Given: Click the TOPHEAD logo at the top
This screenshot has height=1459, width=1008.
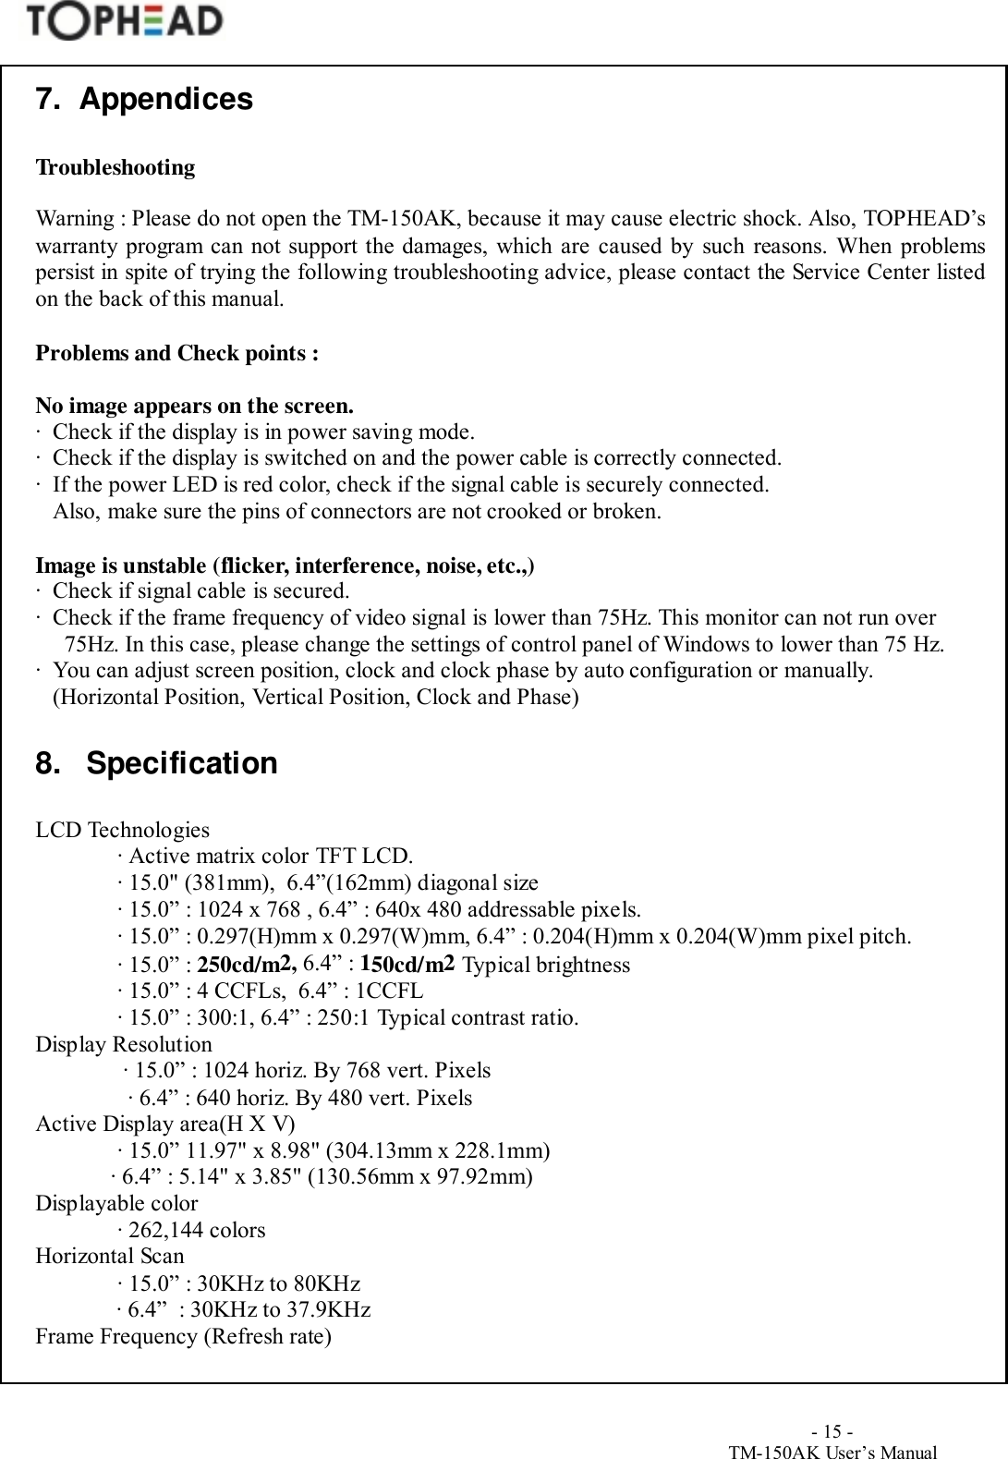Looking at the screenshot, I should (125, 22).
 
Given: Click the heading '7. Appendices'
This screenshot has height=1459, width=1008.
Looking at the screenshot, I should (143, 99).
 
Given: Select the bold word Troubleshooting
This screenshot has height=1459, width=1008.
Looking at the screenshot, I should (115, 168).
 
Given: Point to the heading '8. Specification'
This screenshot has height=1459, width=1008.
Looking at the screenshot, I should (156, 764).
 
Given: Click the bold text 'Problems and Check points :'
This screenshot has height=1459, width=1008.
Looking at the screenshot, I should (177, 354).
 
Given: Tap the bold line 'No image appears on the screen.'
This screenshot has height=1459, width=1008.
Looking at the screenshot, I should (194, 407).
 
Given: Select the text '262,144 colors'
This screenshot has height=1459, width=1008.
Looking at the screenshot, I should (197, 1231).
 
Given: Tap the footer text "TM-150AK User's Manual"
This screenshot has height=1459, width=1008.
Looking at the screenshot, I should (832, 1453).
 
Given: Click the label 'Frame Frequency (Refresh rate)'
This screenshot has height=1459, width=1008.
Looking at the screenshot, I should (183, 1337).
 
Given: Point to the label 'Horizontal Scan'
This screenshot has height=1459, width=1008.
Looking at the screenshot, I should (109, 1257).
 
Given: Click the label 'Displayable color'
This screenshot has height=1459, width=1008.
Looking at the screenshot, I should (116, 1204).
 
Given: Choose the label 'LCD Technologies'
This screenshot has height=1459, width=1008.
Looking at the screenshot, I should (122, 831).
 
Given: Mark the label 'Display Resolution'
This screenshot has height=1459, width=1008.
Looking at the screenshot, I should (124, 1045).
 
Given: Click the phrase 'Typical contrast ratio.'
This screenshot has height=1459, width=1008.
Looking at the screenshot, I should (479, 1018).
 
